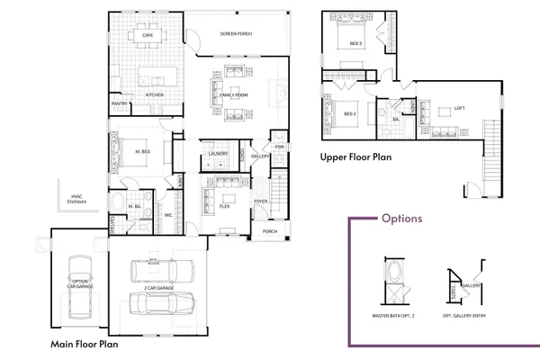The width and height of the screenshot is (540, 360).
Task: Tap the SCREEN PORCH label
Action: point(236,34)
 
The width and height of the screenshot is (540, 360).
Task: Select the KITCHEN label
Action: point(154,94)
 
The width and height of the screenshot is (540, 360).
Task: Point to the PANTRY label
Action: point(120,103)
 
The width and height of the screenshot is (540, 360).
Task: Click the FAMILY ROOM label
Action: point(234,94)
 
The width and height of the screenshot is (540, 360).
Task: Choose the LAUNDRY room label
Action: point(217,154)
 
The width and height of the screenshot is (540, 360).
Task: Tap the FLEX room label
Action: point(225,206)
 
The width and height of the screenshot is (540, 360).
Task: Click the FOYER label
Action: point(260,202)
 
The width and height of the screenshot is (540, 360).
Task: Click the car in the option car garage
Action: point(80,288)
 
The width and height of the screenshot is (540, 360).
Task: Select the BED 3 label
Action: point(355,43)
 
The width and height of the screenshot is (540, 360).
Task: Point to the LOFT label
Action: point(459,108)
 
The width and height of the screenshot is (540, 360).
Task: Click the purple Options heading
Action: point(401,219)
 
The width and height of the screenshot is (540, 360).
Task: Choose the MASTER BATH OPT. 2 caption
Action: point(395,316)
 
